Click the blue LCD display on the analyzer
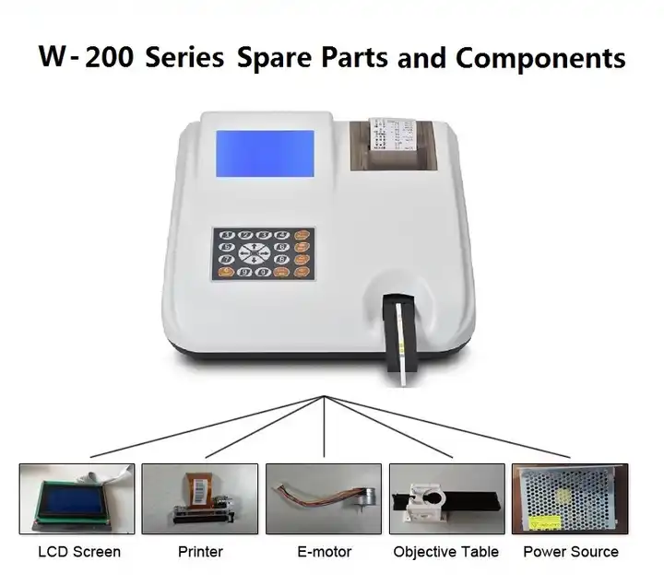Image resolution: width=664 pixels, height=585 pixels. point(264,154)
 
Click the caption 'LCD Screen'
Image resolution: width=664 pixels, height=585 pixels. point(78,553)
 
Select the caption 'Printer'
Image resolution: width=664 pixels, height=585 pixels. point(200,553)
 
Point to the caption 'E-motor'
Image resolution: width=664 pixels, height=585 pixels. point(323,553)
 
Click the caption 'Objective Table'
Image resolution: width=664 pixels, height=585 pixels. point(446,553)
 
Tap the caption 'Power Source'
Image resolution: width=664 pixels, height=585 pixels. point(571,553)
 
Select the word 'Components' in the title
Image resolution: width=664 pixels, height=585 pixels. point(540,58)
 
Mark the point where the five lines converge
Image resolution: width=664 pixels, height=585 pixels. point(324,396)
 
